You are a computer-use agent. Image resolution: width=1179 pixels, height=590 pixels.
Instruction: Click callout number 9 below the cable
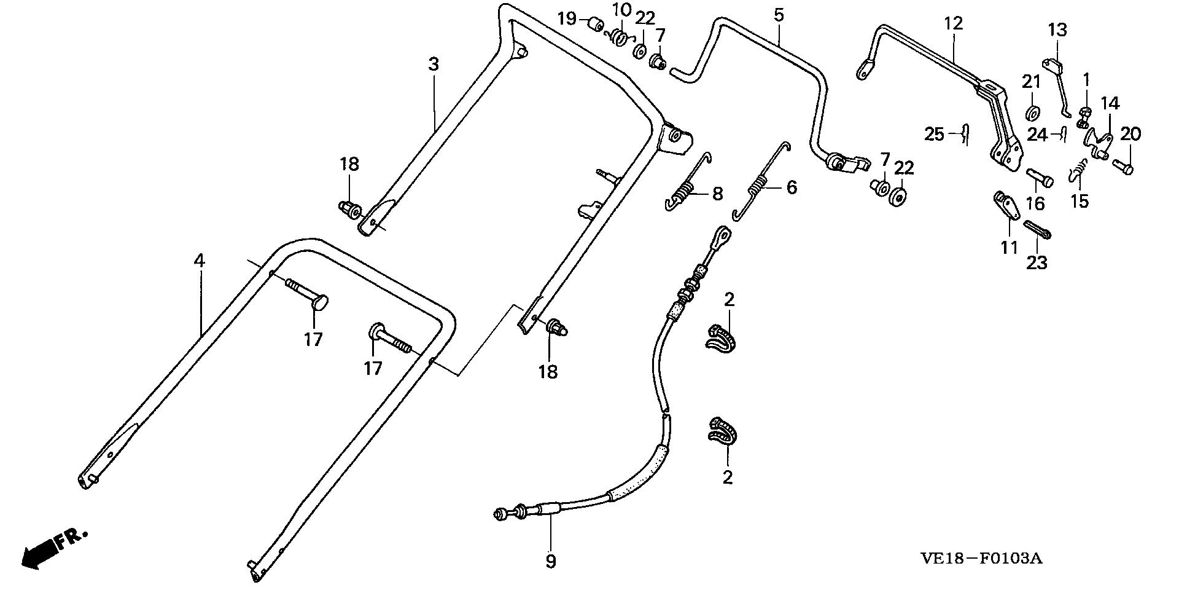(x=550, y=561)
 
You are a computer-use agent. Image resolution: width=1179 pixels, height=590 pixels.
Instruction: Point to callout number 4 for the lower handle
(x=198, y=261)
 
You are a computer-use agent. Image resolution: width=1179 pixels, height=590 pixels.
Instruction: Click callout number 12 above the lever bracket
(x=954, y=24)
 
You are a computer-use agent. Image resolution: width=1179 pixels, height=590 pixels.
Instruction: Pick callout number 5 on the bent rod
(x=779, y=15)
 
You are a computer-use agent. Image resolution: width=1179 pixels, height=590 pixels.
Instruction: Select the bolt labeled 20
(x=1124, y=166)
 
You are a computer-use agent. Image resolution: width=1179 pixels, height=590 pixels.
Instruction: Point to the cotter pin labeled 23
(x=1038, y=230)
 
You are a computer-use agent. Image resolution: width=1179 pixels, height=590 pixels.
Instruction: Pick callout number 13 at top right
(x=1057, y=30)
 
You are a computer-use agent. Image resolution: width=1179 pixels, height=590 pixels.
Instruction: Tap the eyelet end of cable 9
(x=722, y=235)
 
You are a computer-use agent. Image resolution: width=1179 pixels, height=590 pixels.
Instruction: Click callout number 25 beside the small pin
(x=934, y=133)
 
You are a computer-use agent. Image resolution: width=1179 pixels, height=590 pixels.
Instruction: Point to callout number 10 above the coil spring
(x=621, y=10)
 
